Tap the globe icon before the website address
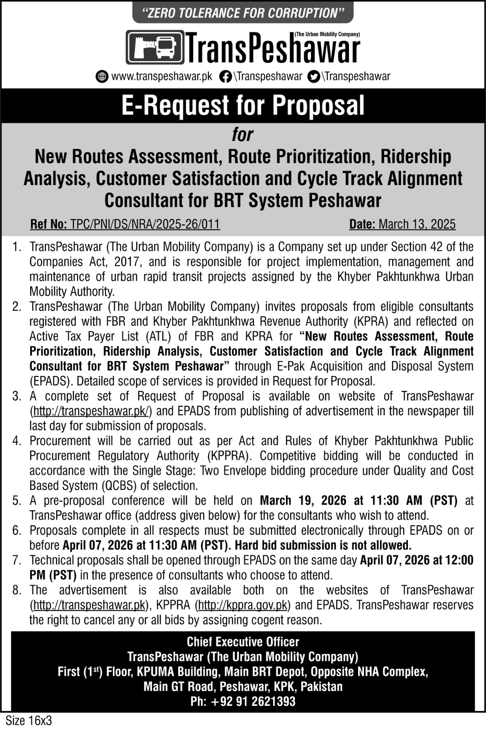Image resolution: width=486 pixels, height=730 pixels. coord(102,76)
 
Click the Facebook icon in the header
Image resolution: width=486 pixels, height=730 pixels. coord(225,76)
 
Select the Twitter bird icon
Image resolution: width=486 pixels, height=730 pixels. coord(313,76)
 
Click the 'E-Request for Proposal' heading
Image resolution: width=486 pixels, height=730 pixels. coord(243,105)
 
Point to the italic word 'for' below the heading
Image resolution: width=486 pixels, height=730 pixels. coord(242,135)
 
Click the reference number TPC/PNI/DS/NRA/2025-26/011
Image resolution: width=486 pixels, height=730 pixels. coord(144,224)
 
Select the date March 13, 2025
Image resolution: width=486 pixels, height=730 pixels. coord(417,224)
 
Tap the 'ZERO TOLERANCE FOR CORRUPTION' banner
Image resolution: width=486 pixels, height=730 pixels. coord(243,13)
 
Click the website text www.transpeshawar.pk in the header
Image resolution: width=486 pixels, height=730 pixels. coord(162,76)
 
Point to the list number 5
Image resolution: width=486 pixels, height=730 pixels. coord(17,501)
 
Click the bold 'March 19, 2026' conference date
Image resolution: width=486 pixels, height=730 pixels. coord(303,501)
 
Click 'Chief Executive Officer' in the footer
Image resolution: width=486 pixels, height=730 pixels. coord(243,642)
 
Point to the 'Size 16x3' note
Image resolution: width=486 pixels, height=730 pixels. coord(28,721)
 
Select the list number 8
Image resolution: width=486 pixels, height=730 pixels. coord(17,590)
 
